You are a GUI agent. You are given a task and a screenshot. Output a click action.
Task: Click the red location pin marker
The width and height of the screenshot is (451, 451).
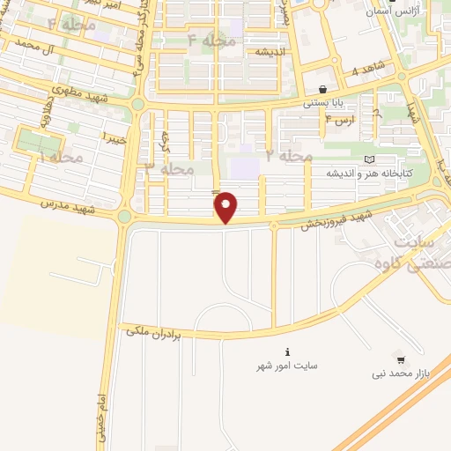(x=226, y=207)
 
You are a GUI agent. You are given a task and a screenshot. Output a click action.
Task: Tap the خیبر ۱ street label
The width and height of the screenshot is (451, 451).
(x=115, y=137)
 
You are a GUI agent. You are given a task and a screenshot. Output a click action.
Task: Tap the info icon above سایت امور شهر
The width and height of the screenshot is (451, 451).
(x=286, y=350)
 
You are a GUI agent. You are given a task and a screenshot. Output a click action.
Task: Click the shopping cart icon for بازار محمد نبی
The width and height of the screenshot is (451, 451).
(x=401, y=359)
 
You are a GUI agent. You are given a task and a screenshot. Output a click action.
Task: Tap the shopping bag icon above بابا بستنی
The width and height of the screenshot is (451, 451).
(x=322, y=89)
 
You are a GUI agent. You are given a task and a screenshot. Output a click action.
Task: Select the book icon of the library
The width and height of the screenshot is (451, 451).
(x=368, y=159)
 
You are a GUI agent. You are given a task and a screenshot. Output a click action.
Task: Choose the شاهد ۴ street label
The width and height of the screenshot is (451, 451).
(x=367, y=70)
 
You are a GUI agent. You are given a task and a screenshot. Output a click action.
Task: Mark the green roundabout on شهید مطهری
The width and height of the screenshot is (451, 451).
(x=138, y=104)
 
